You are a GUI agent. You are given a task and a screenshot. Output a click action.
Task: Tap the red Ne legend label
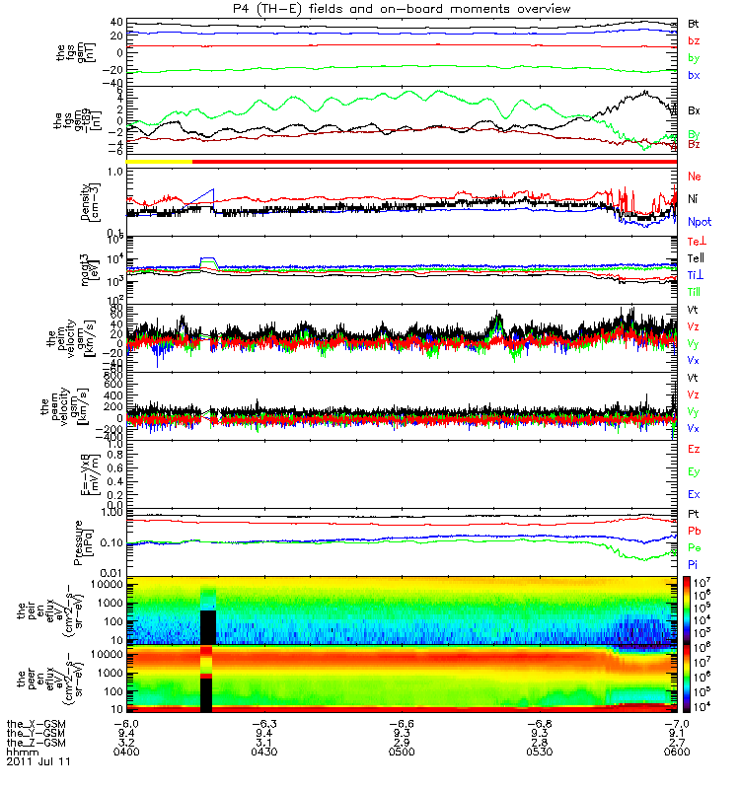click(694, 176)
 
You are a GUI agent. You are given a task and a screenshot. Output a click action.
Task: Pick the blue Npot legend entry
click(699, 224)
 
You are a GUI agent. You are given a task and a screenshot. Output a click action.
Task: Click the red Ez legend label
click(694, 449)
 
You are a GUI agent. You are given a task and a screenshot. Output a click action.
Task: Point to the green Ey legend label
click(694, 471)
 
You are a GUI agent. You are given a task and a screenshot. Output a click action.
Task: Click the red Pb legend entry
click(694, 531)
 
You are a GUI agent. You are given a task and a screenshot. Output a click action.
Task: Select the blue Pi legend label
click(693, 563)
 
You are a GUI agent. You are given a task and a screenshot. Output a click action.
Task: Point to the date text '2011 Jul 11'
click(37, 761)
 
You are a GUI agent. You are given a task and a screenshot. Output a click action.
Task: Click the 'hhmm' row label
click(21, 752)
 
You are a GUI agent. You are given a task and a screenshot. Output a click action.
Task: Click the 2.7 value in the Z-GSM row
click(673, 742)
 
